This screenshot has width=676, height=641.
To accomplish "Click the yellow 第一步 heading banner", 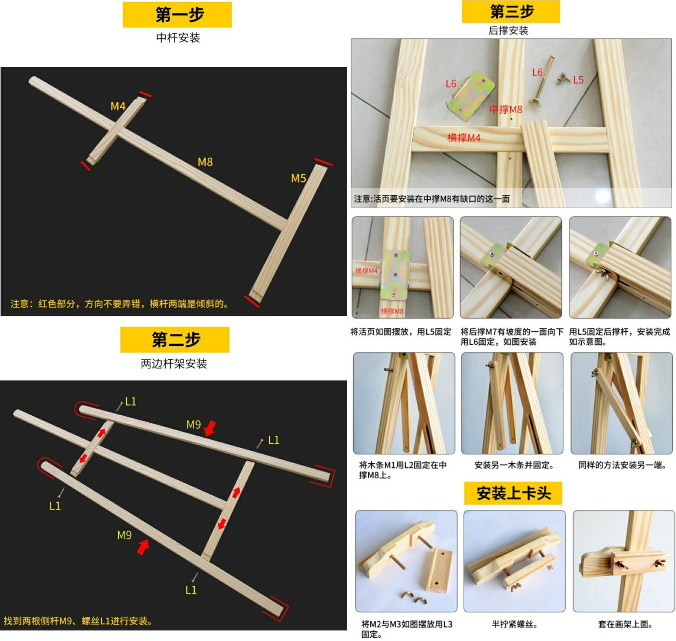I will [x=177, y=15].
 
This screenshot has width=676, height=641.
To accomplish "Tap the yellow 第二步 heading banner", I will [x=175, y=339].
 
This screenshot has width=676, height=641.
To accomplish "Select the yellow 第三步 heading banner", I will [x=511, y=12].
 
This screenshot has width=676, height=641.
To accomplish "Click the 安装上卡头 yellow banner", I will [x=513, y=493].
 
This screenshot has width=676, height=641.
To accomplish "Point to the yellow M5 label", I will [x=298, y=178].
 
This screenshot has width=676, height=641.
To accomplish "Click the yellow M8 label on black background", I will [x=205, y=162].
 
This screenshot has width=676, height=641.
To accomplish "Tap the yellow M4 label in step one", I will [x=118, y=106].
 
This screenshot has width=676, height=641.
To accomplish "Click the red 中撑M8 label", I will [x=506, y=109].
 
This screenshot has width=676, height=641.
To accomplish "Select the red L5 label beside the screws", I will [x=578, y=80].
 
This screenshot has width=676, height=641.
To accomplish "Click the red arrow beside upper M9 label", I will [x=210, y=428].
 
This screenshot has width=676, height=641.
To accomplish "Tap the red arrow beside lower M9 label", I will [x=143, y=547].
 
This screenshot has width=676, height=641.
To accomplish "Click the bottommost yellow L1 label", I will [x=191, y=590].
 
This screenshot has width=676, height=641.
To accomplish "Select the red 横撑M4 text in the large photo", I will [x=464, y=138].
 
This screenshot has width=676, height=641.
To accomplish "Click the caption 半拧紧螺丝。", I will [x=514, y=624].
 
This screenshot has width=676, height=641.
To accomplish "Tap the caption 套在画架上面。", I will [x=625, y=624].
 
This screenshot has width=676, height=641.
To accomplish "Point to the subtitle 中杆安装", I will [x=178, y=38].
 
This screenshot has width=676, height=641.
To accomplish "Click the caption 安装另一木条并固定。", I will [x=514, y=465].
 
